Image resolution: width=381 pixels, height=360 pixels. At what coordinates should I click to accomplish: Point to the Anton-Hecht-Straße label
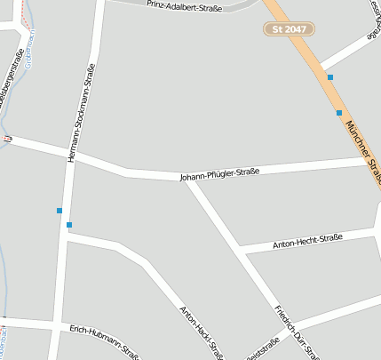click(x=307, y=241)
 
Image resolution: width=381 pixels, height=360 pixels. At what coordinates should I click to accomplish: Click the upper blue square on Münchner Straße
click(x=330, y=77)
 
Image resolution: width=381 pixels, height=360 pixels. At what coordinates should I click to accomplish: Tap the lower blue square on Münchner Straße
click(x=339, y=113)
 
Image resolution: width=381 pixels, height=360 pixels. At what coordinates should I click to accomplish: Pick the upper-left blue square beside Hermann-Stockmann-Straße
click(x=60, y=211)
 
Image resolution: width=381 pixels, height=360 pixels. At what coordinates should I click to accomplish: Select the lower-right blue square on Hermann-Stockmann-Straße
click(x=68, y=224)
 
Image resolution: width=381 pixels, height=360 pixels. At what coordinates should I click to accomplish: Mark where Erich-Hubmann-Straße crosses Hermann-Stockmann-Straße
click(x=59, y=325)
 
